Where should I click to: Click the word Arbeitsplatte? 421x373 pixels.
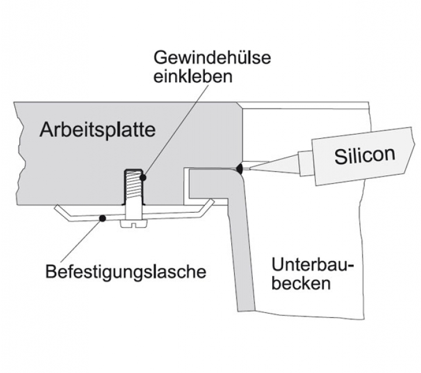(x=98, y=130)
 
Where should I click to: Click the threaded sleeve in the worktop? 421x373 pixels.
(x=133, y=186)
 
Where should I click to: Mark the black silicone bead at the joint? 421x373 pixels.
(x=239, y=169)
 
